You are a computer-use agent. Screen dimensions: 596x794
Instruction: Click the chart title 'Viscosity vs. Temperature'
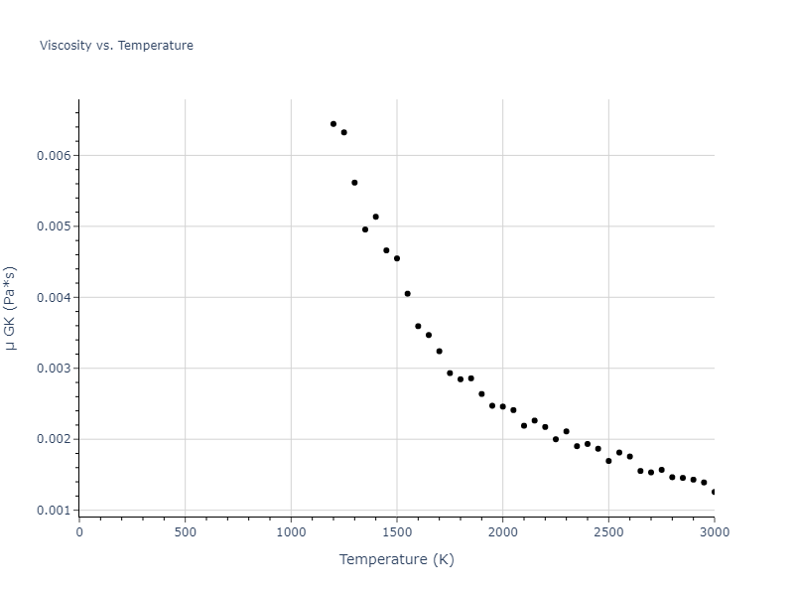116,46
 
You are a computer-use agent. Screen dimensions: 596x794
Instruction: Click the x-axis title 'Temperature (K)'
396,559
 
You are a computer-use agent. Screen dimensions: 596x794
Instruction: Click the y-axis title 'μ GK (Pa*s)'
11,308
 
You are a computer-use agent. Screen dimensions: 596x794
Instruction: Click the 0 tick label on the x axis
79,531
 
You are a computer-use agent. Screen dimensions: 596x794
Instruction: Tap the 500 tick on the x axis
185,531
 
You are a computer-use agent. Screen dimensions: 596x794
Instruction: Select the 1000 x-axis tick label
291,531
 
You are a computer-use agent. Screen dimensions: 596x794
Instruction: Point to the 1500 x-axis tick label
397,531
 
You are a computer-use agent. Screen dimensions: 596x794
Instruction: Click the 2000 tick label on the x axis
502,531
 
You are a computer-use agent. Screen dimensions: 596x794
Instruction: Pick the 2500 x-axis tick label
608,531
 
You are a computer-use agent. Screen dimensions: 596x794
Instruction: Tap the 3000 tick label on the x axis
714,531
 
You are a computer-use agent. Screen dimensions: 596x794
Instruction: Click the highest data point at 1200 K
333,124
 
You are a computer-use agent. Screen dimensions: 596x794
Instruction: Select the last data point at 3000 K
714,492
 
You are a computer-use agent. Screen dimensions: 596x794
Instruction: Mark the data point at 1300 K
354,183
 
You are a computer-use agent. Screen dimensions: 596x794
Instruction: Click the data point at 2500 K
608,461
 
